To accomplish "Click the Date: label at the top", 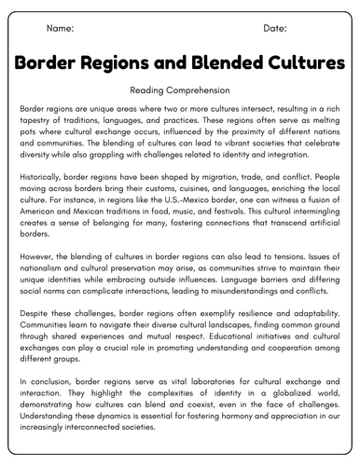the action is [275, 29].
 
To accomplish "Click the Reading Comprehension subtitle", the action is [180, 90].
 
